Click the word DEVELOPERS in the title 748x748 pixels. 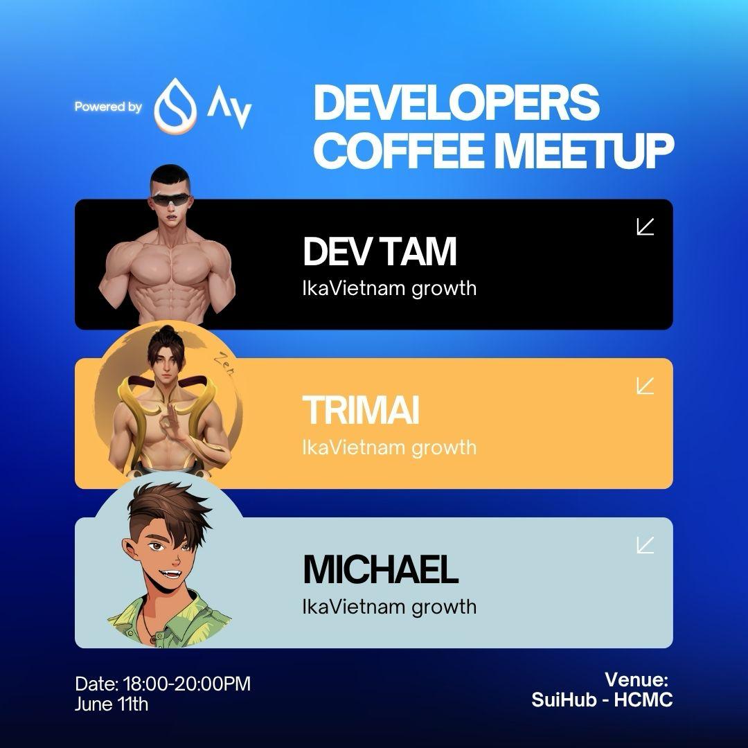click(x=456, y=103)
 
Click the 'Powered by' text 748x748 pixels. click(x=108, y=107)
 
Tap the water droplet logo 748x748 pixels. click(x=175, y=106)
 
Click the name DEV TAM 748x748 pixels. click(x=380, y=251)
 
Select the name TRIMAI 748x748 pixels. click(x=361, y=410)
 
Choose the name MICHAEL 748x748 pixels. click(x=381, y=569)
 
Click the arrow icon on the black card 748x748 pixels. click(x=645, y=226)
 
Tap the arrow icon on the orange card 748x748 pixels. click(x=645, y=386)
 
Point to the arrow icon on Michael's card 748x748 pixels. click(x=645, y=545)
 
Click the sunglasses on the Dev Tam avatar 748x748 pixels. click(x=170, y=199)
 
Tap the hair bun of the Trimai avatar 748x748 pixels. click(x=167, y=330)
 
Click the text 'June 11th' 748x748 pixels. click(x=112, y=704)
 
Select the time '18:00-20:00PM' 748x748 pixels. click(x=187, y=684)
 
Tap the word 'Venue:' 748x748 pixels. click(x=636, y=679)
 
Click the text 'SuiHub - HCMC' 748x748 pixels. click(x=602, y=700)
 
